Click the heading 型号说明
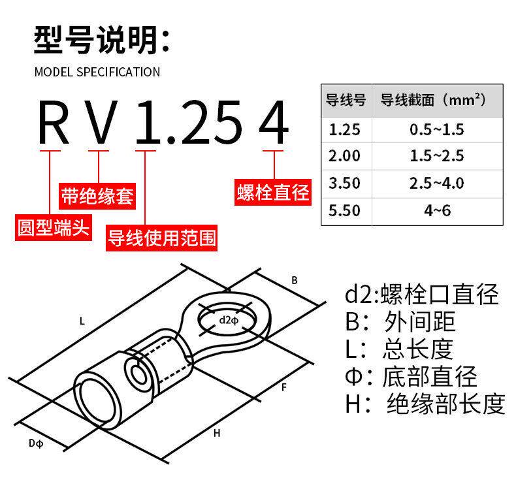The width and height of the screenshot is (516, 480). point(102,40)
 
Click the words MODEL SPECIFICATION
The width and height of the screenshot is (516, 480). point(97,72)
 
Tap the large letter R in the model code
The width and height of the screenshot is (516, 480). point(54,122)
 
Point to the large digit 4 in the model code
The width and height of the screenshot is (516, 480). point(274,122)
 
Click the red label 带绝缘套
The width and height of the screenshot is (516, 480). point(97,196)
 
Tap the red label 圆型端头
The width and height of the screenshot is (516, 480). point(54,227)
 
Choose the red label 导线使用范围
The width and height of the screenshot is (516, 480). point(161,238)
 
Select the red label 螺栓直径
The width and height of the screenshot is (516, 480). point(273,193)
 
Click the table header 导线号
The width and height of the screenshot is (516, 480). point(346,100)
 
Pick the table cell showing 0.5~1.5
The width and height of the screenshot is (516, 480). point(437,129)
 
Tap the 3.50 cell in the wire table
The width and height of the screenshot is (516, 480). point(344,183)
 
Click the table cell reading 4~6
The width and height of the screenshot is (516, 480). point(438,210)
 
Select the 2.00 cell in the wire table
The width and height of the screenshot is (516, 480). point(344,155)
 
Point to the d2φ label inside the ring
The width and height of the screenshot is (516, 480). point(229,320)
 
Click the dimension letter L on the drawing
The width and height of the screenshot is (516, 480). point(82,321)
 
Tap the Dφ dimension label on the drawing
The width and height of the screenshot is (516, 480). point(36,443)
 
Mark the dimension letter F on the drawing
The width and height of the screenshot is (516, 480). point(284,387)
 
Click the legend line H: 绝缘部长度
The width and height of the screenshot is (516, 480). point(425,404)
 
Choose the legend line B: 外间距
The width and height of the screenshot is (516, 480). point(400,321)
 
